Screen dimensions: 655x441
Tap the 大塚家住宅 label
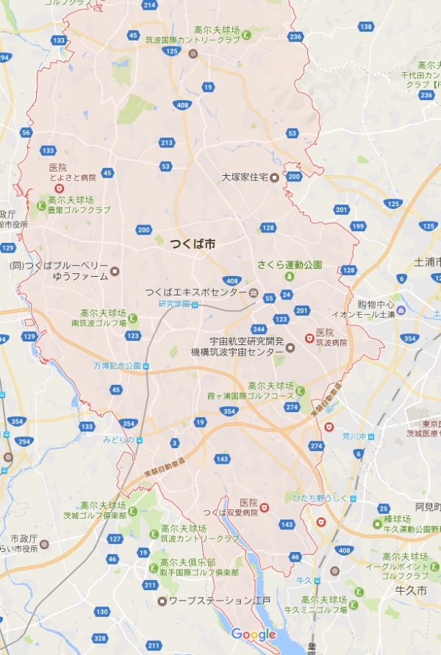coord(245,177)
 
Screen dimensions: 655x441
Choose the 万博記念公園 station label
coord(117,366)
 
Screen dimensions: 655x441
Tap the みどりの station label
coord(118,440)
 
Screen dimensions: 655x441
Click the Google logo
coord(254,634)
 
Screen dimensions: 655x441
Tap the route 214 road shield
coord(150,5)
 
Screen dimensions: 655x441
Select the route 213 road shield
coord(166,142)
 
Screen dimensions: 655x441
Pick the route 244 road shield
coord(258,329)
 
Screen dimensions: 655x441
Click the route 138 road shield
coord(366,27)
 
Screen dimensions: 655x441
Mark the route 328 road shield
coord(100,638)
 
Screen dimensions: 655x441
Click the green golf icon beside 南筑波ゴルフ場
coord(132,318)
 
